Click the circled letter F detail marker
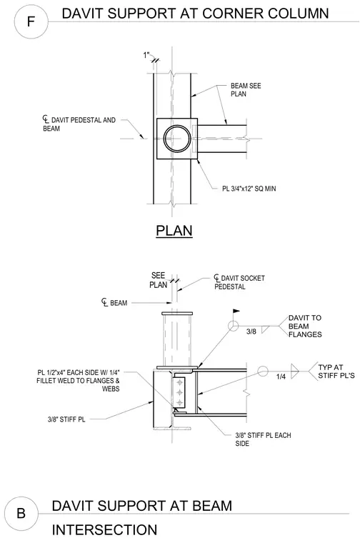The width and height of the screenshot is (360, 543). click(31, 22)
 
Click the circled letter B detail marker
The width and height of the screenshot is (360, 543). click(21, 513)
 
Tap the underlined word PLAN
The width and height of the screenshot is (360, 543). click(174, 231)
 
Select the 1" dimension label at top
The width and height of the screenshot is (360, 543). click(146, 55)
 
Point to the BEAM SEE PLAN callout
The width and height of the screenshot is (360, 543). click(246, 90)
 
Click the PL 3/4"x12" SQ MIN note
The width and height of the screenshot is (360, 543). click(249, 189)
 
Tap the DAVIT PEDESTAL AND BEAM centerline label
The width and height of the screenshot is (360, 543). click(79, 124)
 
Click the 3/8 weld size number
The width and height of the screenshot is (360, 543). click(251, 332)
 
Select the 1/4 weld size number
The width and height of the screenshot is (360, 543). click(281, 377)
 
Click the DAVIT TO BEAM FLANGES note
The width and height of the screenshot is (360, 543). click(305, 327)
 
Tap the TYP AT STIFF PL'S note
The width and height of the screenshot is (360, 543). click(336, 372)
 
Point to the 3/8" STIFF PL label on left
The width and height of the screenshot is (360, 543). click(66, 419)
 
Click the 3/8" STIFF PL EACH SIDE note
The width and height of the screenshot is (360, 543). click(263, 439)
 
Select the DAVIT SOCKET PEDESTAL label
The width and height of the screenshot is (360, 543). click(239, 282)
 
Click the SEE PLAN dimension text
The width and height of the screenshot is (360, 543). click(158, 280)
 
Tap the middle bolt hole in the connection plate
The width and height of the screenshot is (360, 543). click(179, 392)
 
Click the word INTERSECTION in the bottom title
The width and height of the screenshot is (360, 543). click(104, 530)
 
